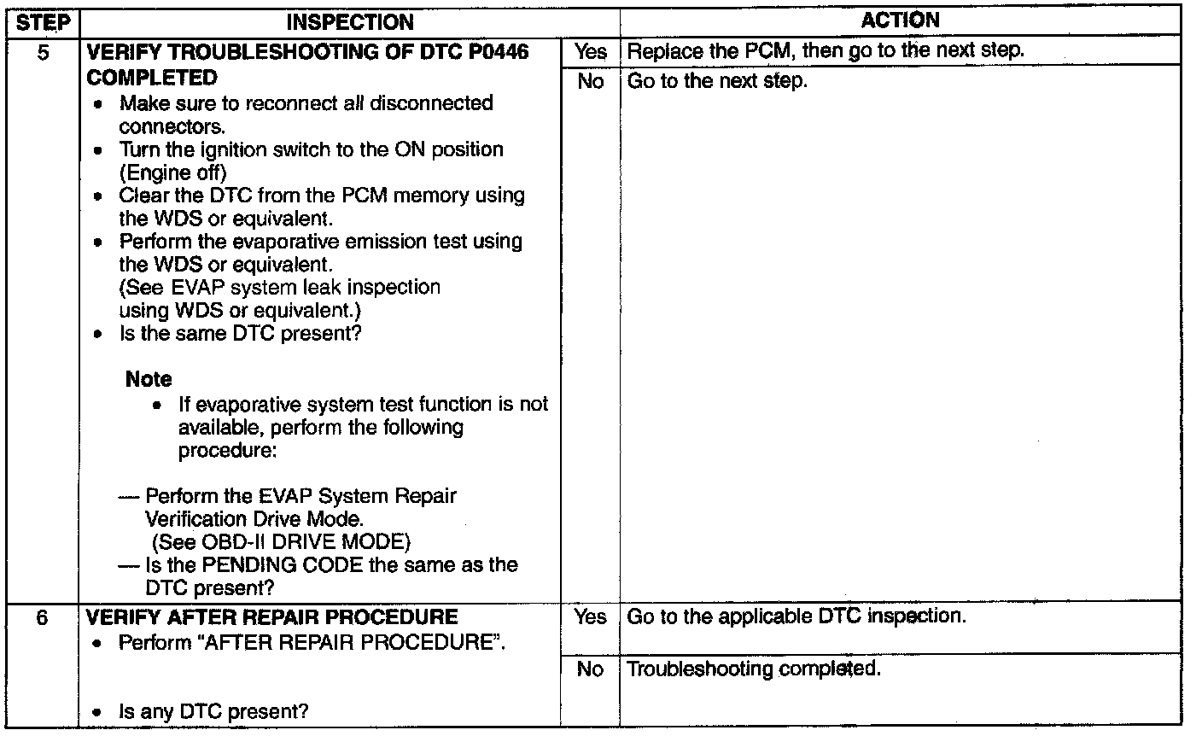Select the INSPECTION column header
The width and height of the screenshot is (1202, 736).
[x=349, y=22]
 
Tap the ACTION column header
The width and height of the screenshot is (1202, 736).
[x=900, y=20]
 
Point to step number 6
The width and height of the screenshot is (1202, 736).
[x=42, y=617]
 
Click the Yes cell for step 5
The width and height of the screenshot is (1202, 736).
[x=590, y=51]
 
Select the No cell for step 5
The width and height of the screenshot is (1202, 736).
[x=590, y=82]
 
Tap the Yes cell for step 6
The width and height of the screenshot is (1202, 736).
[x=590, y=616]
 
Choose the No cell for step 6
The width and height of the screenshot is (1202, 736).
[x=590, y=669]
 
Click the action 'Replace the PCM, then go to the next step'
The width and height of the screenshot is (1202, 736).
[x=825, y=50]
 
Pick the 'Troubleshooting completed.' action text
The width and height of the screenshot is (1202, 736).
[x=754, y=669]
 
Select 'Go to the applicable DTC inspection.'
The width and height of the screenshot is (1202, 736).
[x=796, y=616]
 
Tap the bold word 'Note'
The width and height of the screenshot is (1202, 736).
[x=149, y=379]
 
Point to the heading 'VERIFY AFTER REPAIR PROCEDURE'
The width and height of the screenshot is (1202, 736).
[x=272, y=616]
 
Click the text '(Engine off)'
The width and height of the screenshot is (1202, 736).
[x=166, y=172]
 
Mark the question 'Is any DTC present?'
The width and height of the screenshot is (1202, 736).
[x=213, y=711]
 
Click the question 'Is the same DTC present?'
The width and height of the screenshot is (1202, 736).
[x=240, y=333]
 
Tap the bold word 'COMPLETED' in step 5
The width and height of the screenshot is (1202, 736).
[x=152, y=78]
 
